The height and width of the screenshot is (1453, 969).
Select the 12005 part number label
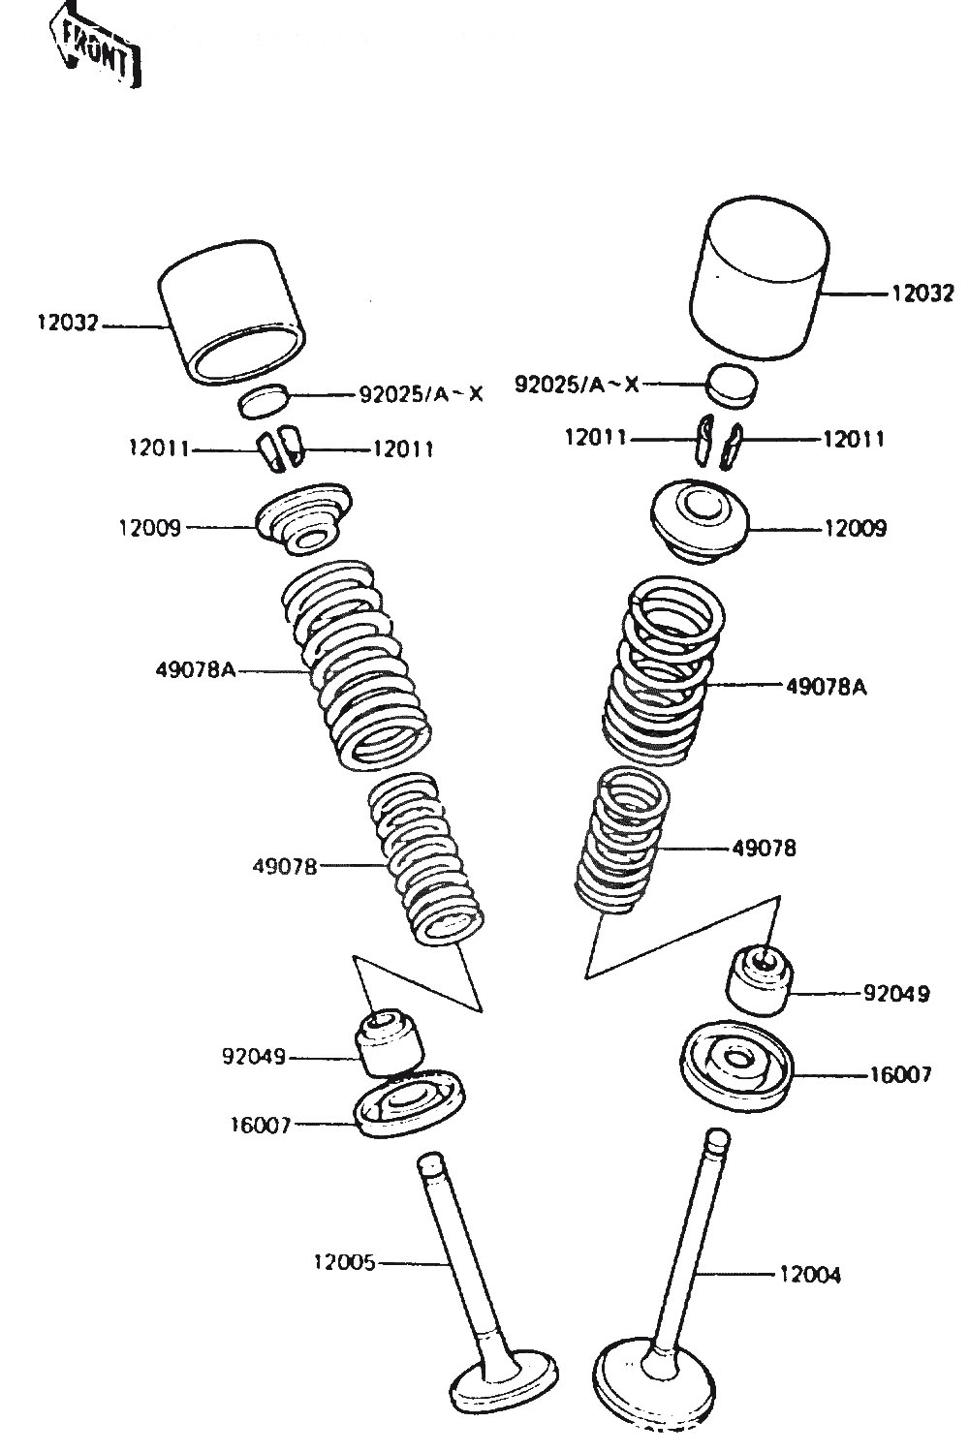pyautogui.click(x=343, y=1262)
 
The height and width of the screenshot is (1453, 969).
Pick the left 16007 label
pyautogui.click(x=260, y=1125)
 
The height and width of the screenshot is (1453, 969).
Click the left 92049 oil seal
pyautogui.click(x=391, y=1042)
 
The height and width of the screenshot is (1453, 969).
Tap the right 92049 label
pyautogui.click(x=896, y=994)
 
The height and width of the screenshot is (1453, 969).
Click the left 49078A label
pyautogui.click(x=195, y=669)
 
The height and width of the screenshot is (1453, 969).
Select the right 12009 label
pyautogui.click(x=855, y=529)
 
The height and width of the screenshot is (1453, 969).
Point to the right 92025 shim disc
pyautogui.click(x=732, y=384)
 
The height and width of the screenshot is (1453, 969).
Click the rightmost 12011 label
pyautogui.click(x=854, y=439)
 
